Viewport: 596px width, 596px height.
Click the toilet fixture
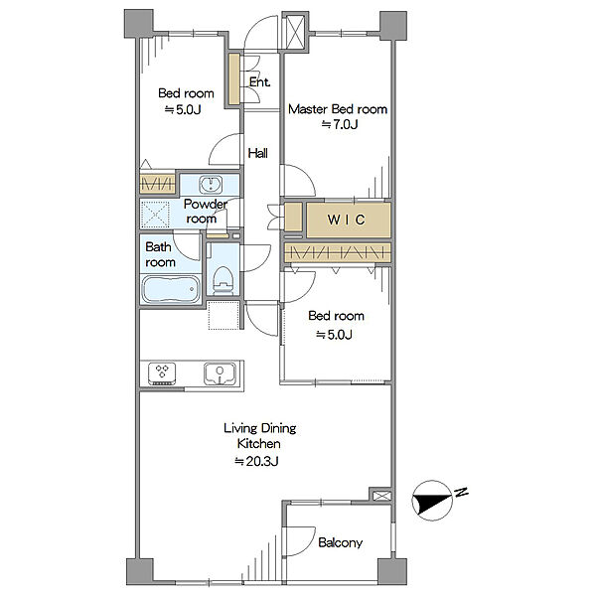223,280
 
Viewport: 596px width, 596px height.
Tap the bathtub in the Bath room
171,289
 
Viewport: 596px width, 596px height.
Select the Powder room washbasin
211,185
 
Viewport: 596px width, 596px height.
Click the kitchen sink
220,374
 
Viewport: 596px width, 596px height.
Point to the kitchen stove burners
162,373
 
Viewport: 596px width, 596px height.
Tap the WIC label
347,220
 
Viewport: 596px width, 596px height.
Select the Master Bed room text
338,109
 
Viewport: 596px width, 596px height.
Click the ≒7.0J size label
340,124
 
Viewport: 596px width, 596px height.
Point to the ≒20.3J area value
256,461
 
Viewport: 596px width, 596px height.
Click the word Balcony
340,542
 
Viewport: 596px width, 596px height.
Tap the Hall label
257,153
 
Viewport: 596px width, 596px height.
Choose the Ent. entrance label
259,82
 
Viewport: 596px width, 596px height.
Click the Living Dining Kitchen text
259,436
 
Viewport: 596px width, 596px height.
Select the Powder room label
205,212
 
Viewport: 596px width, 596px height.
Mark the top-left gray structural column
139,24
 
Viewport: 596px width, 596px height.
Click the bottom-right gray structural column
392,571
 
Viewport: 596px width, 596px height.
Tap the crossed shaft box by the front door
295,31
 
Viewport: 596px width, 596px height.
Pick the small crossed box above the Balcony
381,496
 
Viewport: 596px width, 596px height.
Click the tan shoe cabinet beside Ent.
234,79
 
